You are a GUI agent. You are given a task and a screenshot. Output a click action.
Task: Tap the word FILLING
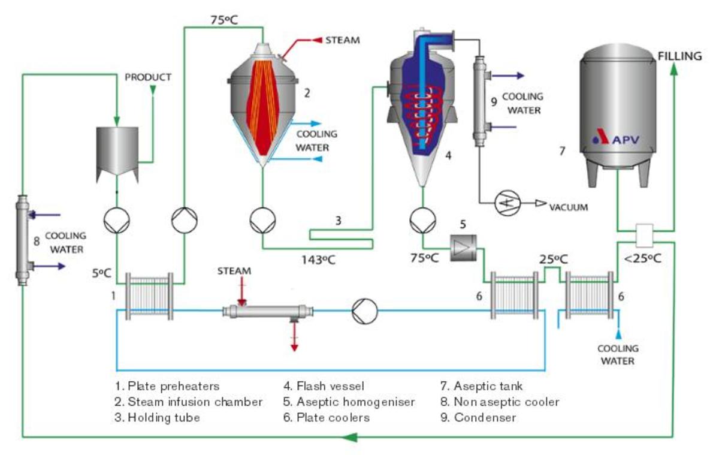point(679,56)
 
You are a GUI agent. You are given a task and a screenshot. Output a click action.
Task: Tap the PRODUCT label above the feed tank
point(147,77)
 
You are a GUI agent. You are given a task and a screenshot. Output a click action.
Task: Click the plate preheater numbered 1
point(149,296)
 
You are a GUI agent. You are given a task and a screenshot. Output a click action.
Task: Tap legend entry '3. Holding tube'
point(157,418)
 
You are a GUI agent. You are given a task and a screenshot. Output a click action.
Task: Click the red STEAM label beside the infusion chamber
point(342,41)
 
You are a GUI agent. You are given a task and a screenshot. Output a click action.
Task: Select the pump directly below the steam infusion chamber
point(262,220)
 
